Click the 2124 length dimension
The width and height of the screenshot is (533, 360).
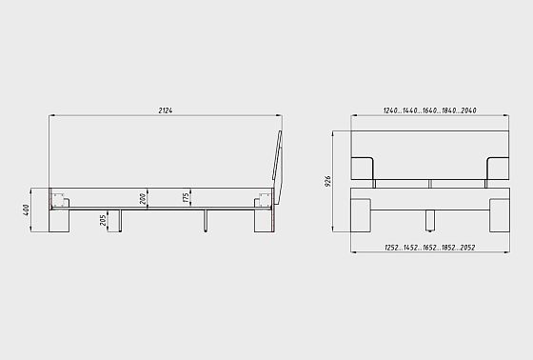click(166, 110)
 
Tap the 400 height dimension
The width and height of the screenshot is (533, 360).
click(27, 210)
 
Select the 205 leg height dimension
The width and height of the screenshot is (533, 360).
click(103, 221)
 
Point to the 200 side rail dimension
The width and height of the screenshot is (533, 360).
click(143, 199)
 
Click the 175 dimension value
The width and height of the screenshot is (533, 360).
click(186, 198)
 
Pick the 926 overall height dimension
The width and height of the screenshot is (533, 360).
click(327, 181)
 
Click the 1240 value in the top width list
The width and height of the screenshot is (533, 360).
click(390, 110)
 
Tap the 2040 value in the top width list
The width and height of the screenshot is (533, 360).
click(468, 110)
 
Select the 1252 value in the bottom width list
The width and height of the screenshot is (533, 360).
click(391, 248)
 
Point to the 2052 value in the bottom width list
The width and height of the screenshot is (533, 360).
click(467, 248)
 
